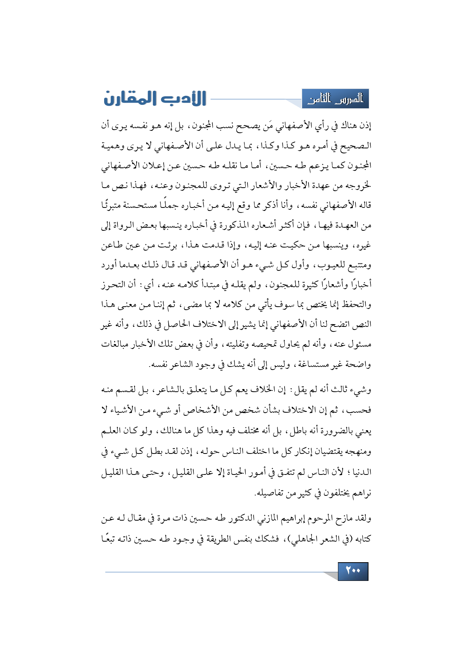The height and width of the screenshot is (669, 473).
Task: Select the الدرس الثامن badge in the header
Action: click(335, 99)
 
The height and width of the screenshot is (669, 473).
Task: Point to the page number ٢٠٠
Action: click(353, 571)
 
